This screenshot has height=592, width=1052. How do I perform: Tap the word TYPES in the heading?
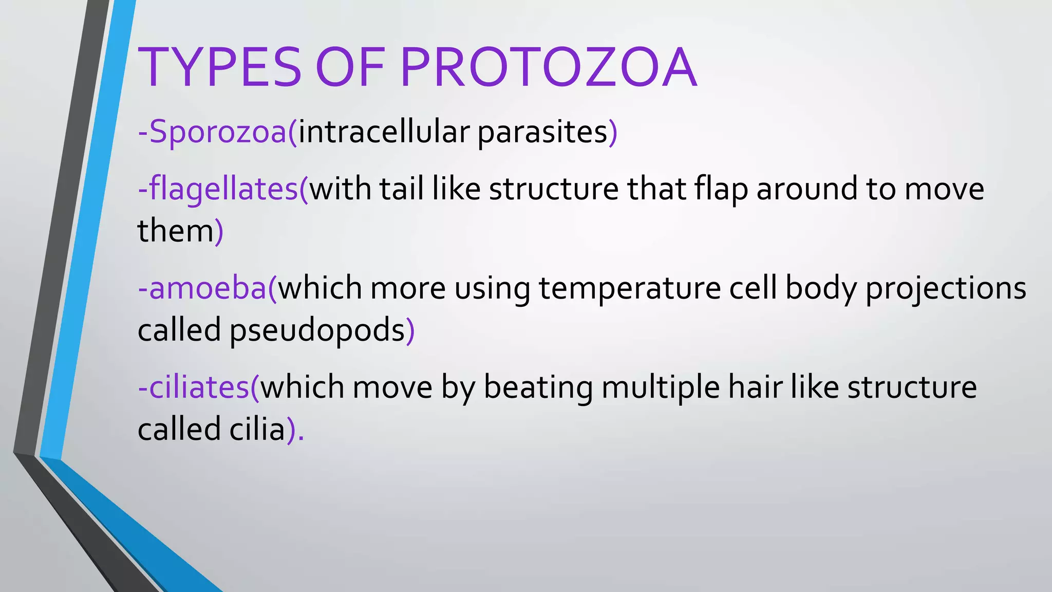coord(220,68)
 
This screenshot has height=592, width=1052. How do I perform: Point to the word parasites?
coord(542,132)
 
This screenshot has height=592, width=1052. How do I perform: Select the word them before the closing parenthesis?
coord(175,231)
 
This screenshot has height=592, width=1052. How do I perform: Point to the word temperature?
coord(630,288)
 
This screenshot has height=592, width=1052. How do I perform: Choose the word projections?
coord(946,288)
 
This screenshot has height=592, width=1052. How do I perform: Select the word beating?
coord(538,387)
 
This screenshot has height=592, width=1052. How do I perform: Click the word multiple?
coord(661,387)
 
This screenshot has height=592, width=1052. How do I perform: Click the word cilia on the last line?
coord(257,429)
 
